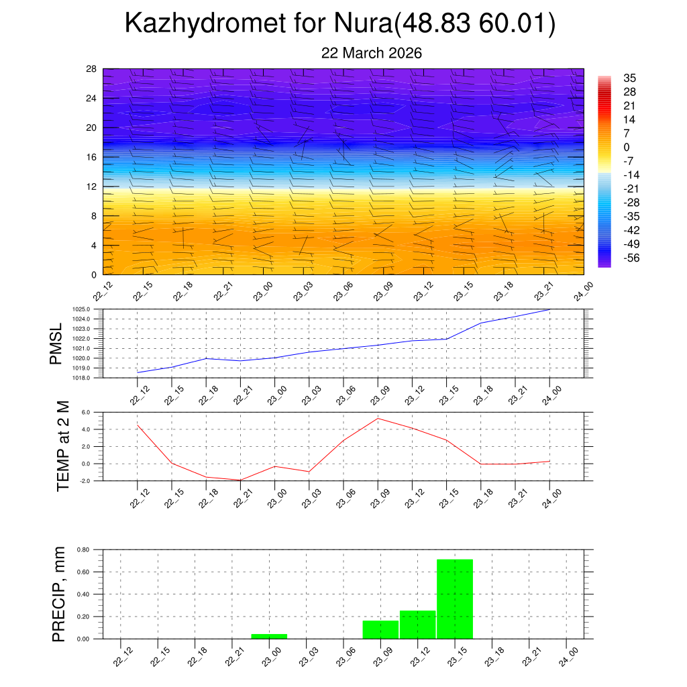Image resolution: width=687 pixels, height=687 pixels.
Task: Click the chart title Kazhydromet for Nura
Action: (340, 25)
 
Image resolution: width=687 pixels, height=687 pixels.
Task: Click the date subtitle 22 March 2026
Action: (371, 53)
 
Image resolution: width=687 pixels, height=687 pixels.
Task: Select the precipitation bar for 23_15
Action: (455, 598)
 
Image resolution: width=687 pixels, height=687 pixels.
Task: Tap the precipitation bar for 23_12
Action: (417, 625)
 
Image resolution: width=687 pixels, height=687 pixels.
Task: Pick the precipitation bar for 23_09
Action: (380, 629)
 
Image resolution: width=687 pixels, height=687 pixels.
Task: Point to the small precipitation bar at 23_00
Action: (269, 636)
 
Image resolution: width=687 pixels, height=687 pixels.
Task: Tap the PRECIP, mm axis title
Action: (59, 594)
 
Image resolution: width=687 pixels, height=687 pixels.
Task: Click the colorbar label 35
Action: (629, 78)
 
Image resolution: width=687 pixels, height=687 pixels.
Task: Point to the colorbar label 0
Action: (627, 147)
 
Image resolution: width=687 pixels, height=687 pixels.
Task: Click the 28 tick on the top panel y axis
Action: (91, 69)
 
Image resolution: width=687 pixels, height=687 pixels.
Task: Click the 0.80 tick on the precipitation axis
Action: (83, 549)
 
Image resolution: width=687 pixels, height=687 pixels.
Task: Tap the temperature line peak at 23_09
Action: (378, 419)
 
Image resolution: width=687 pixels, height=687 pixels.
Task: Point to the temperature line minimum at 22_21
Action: (240, 480)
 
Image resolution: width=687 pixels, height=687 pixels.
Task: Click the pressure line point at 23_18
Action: (481, 323)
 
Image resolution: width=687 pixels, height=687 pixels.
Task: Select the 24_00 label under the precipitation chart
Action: (568, 656)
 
